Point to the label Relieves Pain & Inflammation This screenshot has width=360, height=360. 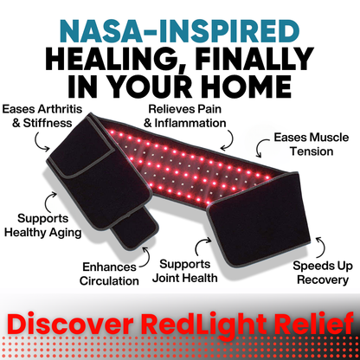tap(184, 117)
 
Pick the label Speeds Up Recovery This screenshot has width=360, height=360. tap(321, 273)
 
